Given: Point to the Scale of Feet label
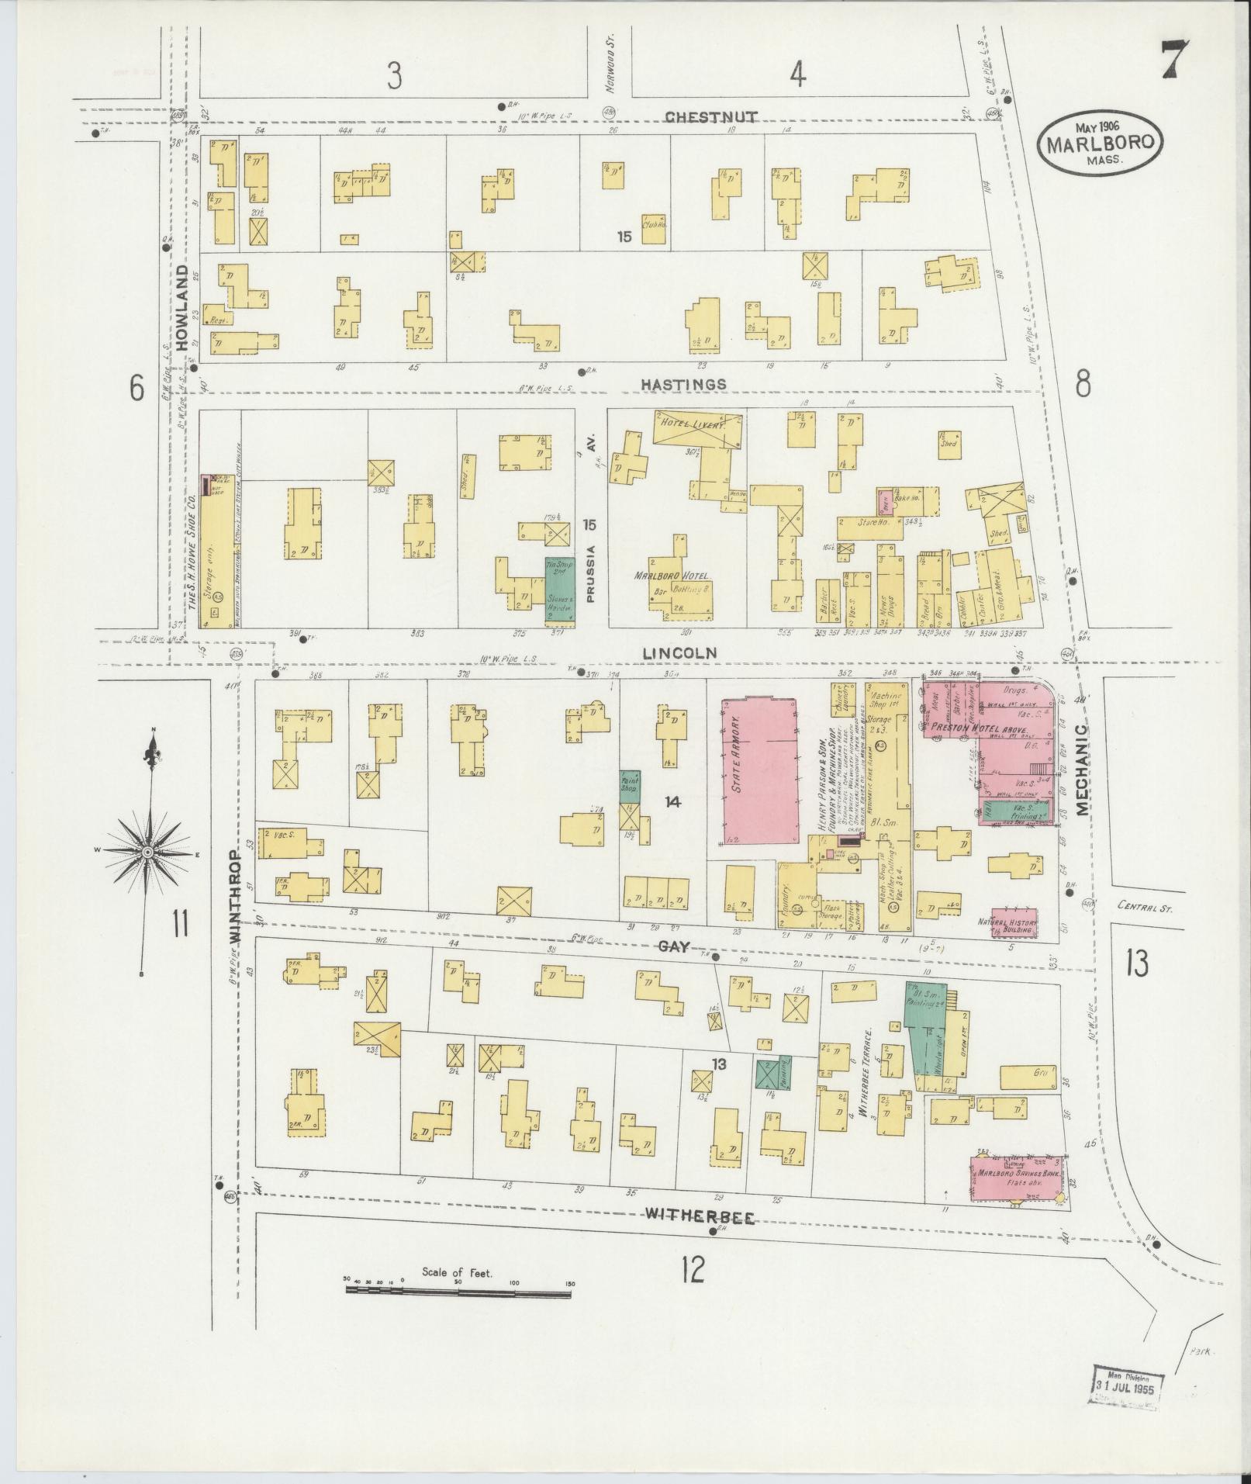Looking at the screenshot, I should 458,1273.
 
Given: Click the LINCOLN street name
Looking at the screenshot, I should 667,654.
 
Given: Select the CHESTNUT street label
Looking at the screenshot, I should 711,116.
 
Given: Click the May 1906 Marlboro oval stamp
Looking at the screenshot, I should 1101,143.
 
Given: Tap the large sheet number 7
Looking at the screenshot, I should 1177,61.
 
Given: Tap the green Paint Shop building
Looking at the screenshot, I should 629,787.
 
